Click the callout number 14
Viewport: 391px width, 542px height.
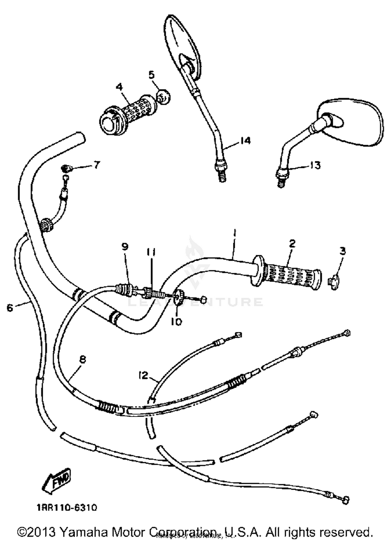(x=245, y=141)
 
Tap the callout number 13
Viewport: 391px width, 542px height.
(x=315, y=165)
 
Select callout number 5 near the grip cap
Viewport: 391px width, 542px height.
(x=151, y=75)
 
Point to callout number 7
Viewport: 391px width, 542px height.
(x=96, y=165)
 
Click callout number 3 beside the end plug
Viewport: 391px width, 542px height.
(x=343, y=251)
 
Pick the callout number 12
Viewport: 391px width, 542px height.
(x=143, y=375)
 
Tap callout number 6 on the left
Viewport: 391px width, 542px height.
(x=10, y=308)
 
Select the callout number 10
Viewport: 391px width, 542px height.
(x=176, y=322)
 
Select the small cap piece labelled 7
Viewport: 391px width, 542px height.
(x=66, y=169)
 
